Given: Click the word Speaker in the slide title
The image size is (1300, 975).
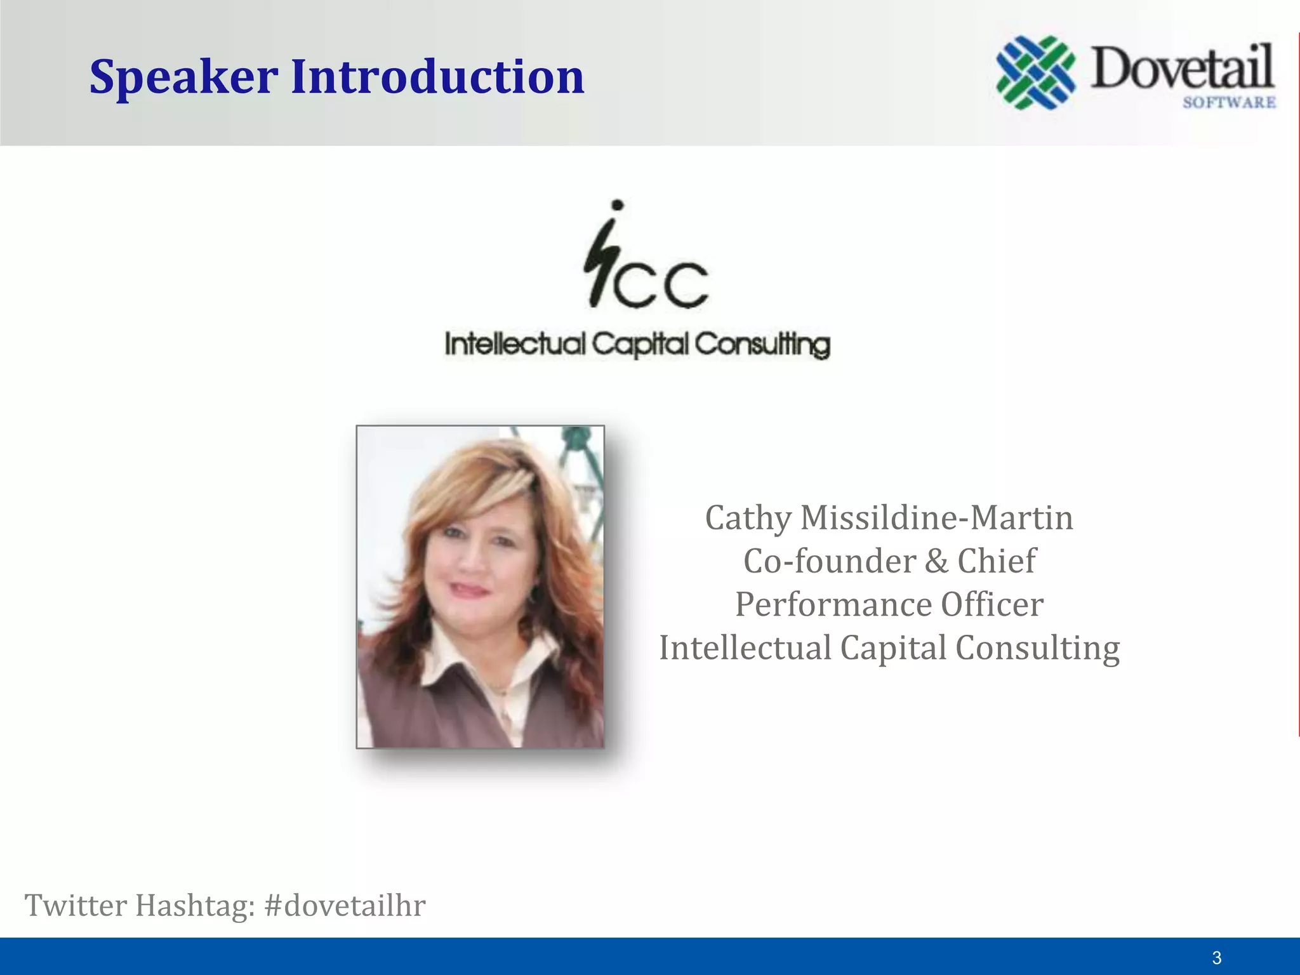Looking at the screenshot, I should pyautogui.click(x=183, y=77).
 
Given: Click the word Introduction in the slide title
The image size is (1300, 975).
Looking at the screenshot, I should pyautogui.click(x=437, y=77).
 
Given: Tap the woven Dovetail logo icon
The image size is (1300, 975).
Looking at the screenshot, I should pyautogui.click(x=1036, y=72).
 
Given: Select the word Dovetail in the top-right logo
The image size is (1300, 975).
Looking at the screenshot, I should pyautogui.click(x=1183, y=67).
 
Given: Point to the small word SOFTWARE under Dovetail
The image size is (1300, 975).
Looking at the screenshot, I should pyautogui.click(x=1229, y=102).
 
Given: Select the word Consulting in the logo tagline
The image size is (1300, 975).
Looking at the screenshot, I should pyautogui.click(x=762, y=345).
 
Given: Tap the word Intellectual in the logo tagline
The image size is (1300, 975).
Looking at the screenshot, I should pyautogui.click(x=515, y=345).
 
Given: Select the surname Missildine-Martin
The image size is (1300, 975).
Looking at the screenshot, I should pyautogui.click(x=937, y=518).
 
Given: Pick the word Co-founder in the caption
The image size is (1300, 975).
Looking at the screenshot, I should pyautogui.click(x=830, y=561).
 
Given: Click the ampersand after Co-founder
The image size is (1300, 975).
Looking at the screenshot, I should pyautogui.click(x=936, y=561).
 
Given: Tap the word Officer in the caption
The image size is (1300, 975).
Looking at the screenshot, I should pyautogui.click(x=992, y=604).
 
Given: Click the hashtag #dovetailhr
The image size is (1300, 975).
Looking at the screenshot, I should pyautogui.click(x=345, y=905).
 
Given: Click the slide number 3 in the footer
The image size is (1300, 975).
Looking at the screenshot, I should pyautogui.click(x=1216, y=958).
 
